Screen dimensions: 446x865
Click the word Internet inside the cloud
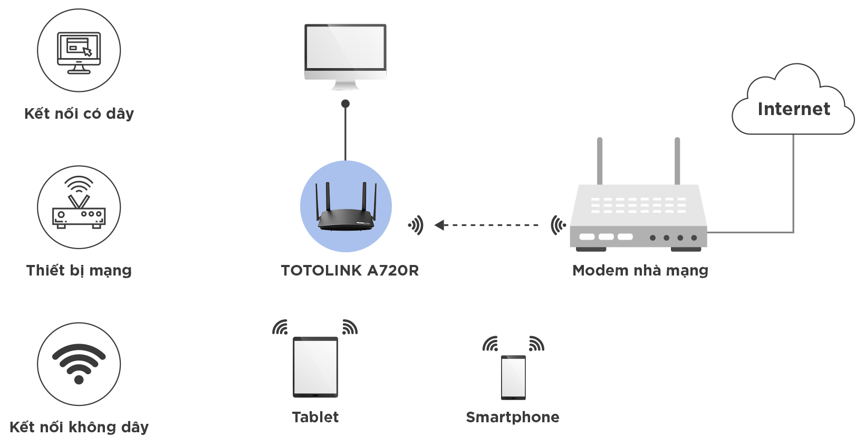point(794,109)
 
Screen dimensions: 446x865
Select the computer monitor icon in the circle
point(79,51)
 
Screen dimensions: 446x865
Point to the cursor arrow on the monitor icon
point(88,51)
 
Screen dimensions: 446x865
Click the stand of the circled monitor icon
point(79,68)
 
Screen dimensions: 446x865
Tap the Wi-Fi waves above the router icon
point(79,184)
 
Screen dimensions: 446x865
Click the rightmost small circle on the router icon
point(98,214)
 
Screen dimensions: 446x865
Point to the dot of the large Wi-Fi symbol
point(79,379)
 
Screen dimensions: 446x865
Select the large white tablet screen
point(315,367)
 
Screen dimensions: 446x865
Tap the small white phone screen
point(513,377)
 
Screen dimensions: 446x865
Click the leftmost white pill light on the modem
point(587,237)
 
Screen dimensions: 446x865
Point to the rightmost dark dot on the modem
point(694,238)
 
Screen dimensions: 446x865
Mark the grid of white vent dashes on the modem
point(638,205)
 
